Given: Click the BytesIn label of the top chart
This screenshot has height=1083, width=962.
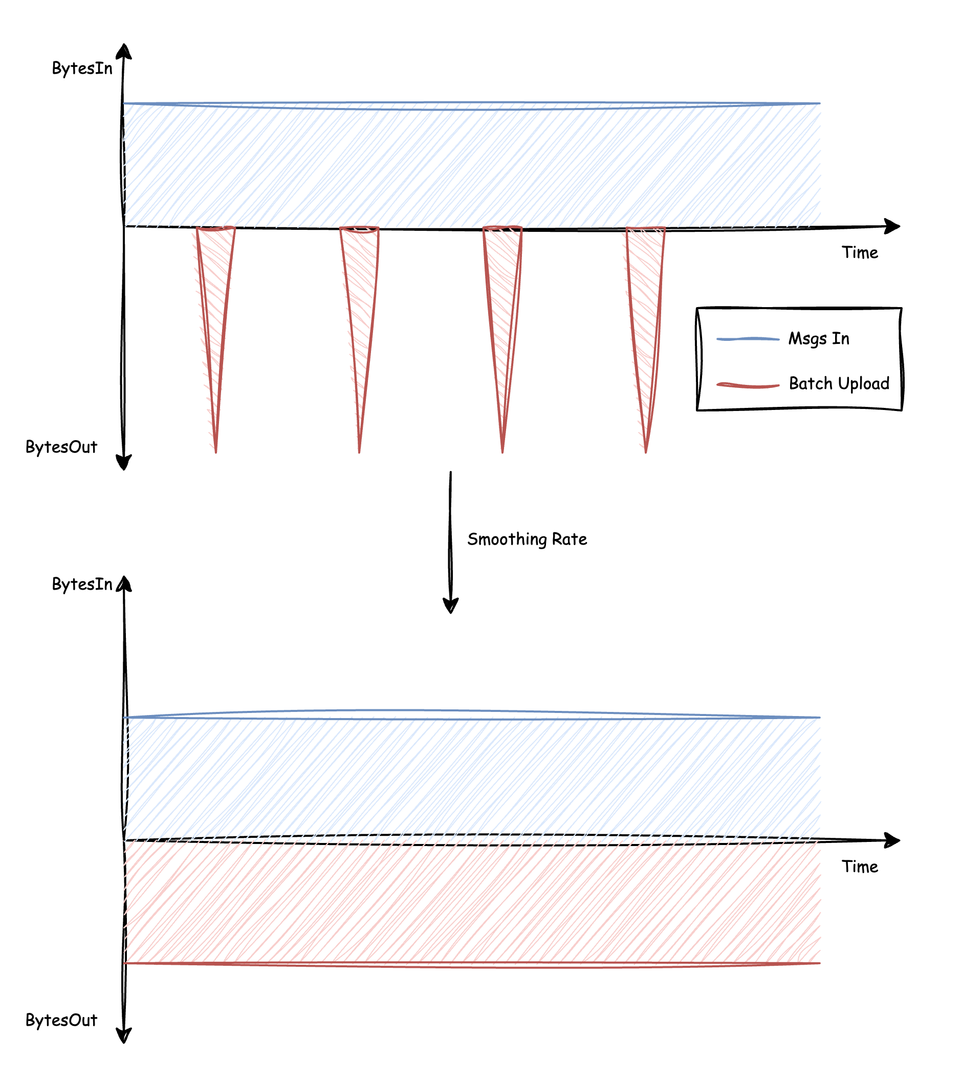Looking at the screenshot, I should point(82,69).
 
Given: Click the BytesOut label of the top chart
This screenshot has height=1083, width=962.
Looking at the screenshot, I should point(61,447).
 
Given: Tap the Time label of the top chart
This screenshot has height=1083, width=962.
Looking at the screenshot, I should point(860,253).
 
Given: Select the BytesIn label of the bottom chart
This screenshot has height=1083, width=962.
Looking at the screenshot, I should point(82,584).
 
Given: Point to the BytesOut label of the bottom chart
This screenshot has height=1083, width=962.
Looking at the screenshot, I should point(61,1020).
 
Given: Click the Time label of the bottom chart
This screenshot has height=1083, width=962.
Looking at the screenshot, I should point(860,867).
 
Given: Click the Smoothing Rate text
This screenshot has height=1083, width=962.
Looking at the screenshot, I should point(527,539).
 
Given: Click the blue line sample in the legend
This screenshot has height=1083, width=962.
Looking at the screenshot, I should point(748,339).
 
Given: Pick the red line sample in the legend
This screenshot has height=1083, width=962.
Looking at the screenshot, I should point(748,385).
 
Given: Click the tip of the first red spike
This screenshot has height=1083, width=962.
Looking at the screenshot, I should point(216,451).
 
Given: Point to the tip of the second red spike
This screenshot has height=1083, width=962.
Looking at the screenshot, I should point(359,451).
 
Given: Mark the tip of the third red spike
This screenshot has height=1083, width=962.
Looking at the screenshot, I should point(502,451).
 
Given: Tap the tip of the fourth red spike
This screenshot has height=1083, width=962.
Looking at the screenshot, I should point(646,451).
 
